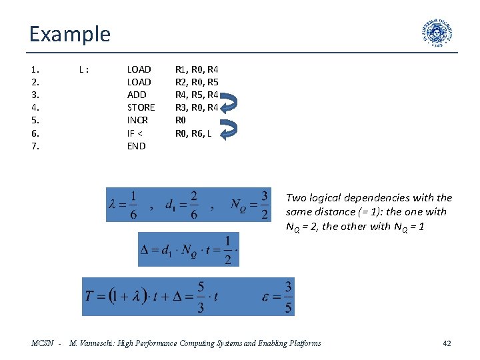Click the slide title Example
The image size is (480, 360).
69,33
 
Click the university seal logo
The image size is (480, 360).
437,33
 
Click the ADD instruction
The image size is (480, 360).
136,95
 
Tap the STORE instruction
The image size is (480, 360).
141,107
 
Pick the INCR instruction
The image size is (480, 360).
137,120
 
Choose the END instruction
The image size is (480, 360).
136,146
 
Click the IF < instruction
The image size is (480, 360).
136,133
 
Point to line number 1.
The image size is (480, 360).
35,69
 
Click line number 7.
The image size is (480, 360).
35,146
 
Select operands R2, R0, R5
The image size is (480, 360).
197,82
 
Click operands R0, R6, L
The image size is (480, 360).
193,133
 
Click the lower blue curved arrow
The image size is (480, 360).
229,129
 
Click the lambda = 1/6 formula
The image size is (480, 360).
124,205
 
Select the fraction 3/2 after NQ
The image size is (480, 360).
265,205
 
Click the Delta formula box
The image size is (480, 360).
188,249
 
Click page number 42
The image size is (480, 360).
447,343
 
